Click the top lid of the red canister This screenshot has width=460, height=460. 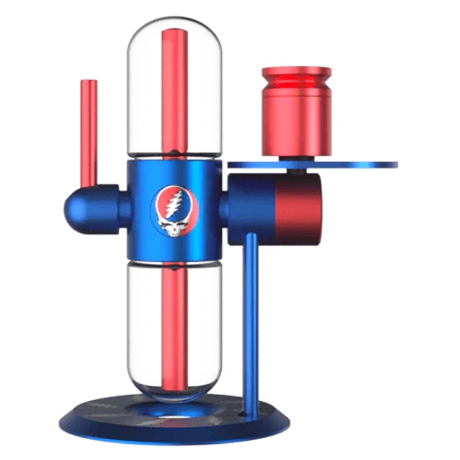tap(296, 74)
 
